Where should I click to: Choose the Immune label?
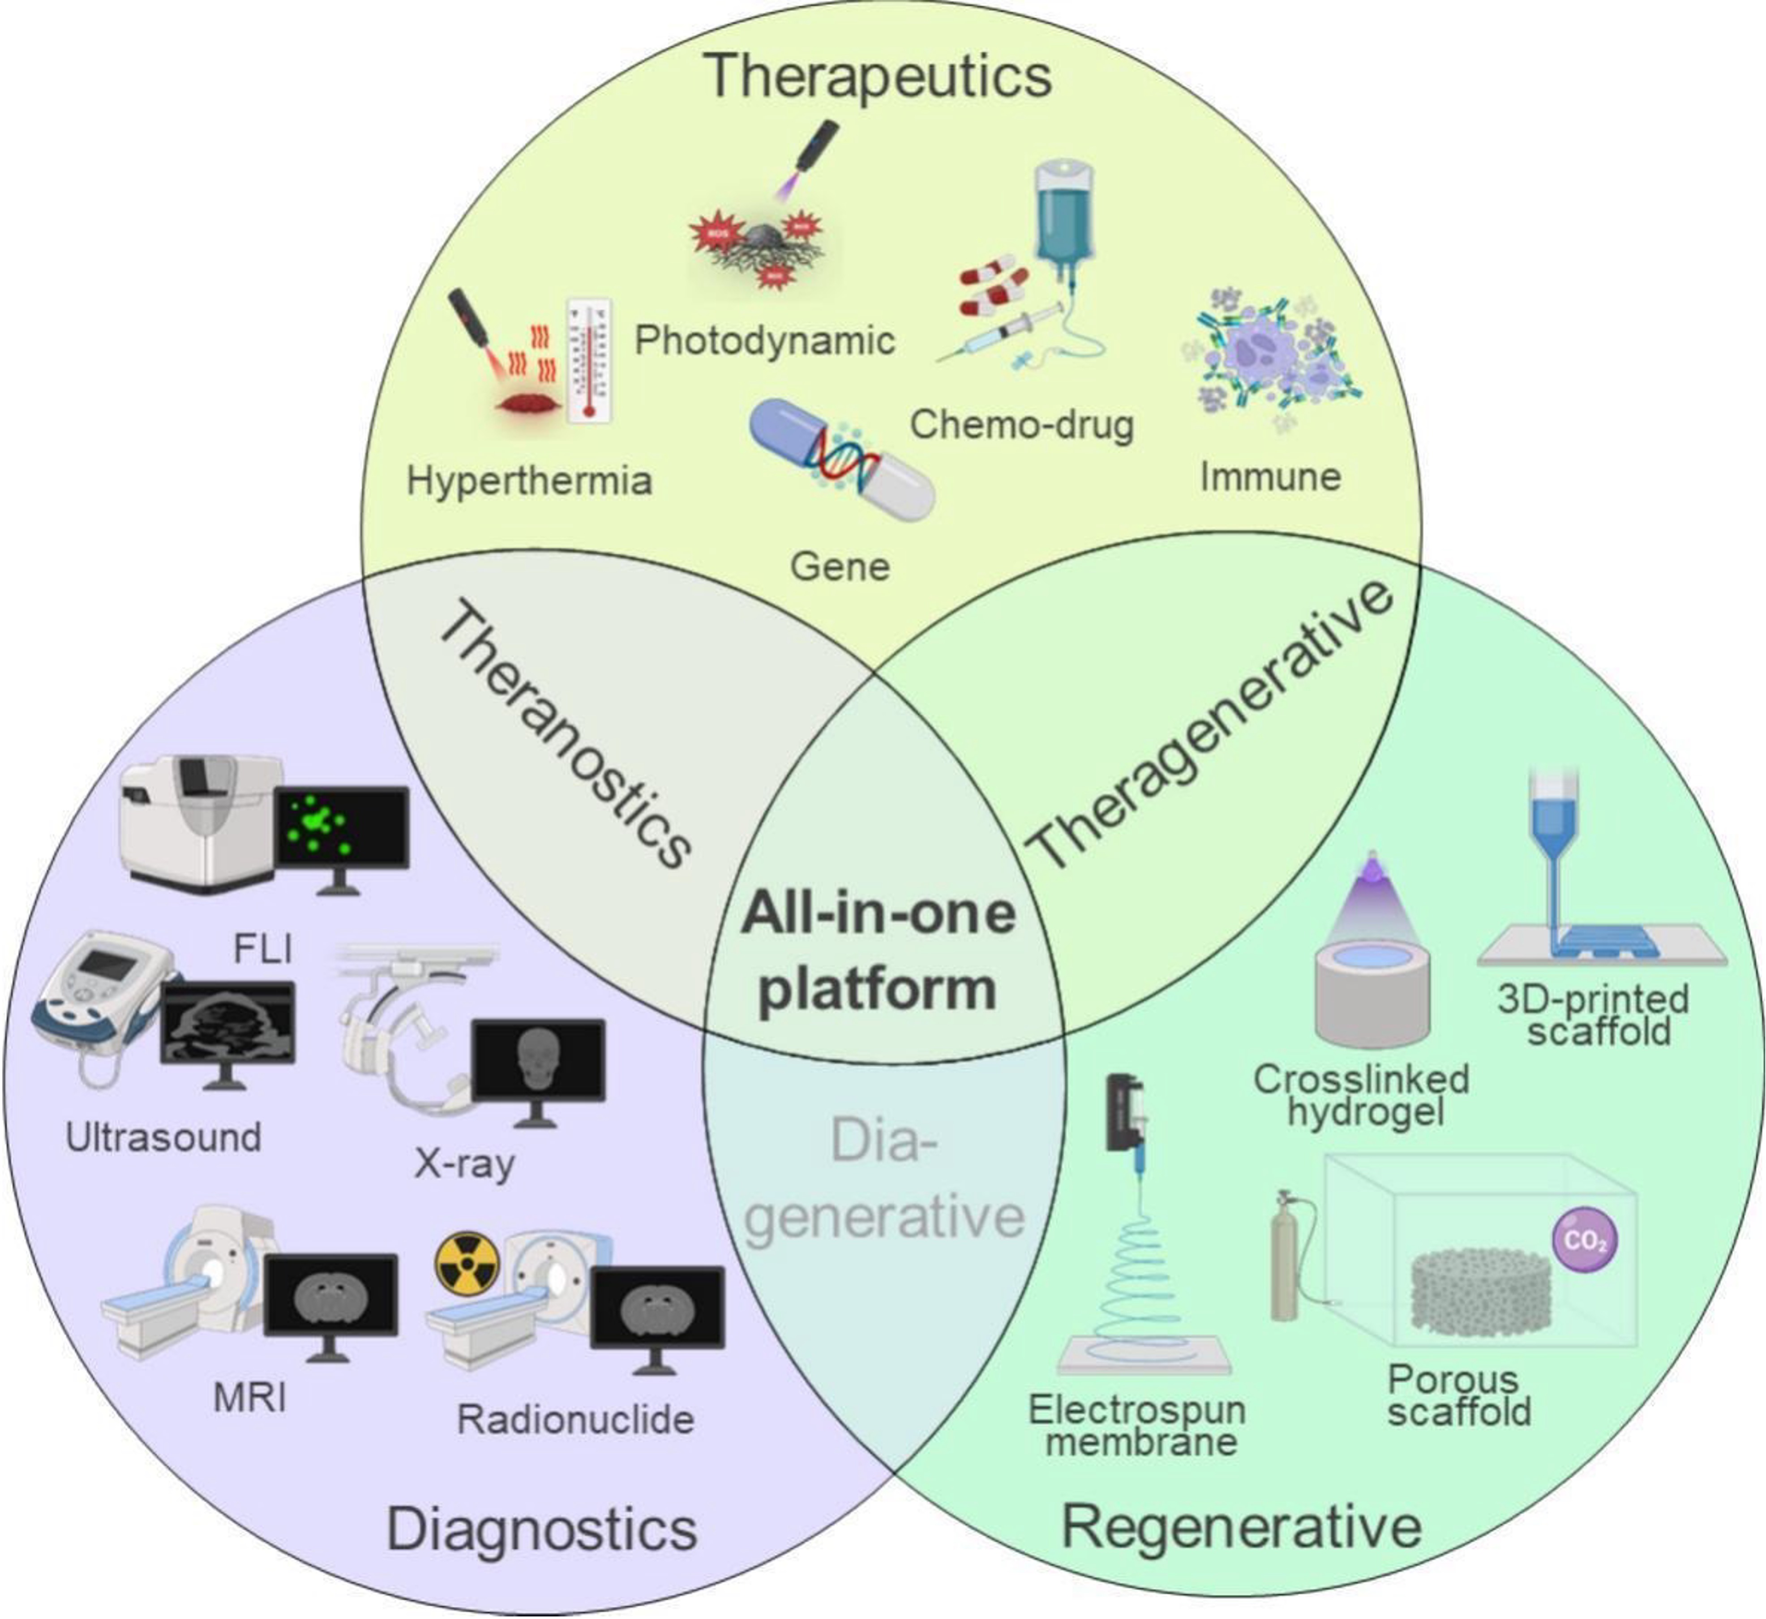[1270, 477]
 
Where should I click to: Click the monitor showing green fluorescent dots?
[342, 828]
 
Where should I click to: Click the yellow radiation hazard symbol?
[467, 1264]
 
